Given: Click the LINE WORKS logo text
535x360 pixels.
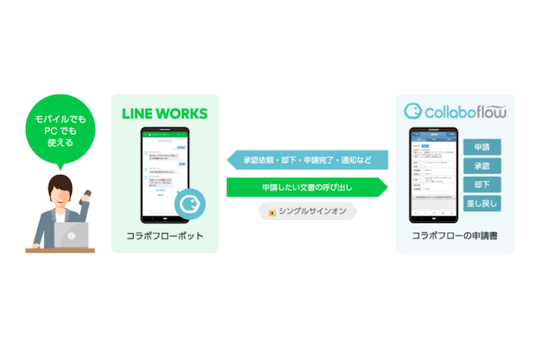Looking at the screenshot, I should coord(165,113).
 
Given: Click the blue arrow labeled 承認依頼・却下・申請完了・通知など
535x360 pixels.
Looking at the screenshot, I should coord(306,160).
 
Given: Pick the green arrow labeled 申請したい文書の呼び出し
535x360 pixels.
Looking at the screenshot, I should coord(306,186).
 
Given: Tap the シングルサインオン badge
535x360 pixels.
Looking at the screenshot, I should coord(306,211).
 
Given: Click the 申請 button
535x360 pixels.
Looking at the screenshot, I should coord(481,146).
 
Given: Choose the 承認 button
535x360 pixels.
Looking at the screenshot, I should coord(481,165).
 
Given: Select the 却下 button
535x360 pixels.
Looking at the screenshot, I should coord(481,184).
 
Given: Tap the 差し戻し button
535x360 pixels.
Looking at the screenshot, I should coord(481,204).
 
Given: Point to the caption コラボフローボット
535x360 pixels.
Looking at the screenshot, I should coord(165,236).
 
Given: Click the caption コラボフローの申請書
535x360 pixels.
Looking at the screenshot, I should coord(455,236).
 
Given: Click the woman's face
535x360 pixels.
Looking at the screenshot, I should coord(62,192).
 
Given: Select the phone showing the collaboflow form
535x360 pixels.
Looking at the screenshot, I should coord(431,174).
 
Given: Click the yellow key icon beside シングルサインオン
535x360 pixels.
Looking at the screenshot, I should coord(273,211).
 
